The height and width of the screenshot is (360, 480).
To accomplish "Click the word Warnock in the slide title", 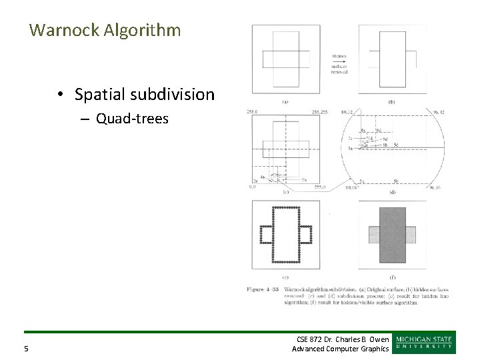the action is (62, 30).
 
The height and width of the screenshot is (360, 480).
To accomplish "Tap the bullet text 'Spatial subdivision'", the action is (145, 95).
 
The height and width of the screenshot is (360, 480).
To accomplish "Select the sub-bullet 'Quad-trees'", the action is (132, 119).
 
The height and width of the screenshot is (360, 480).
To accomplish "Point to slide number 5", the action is (26, 347).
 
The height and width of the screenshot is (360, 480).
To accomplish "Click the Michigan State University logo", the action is (425, 341).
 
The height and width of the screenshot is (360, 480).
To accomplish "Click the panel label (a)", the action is (285, 102).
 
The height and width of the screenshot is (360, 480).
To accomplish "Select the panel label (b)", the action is (391, 102).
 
